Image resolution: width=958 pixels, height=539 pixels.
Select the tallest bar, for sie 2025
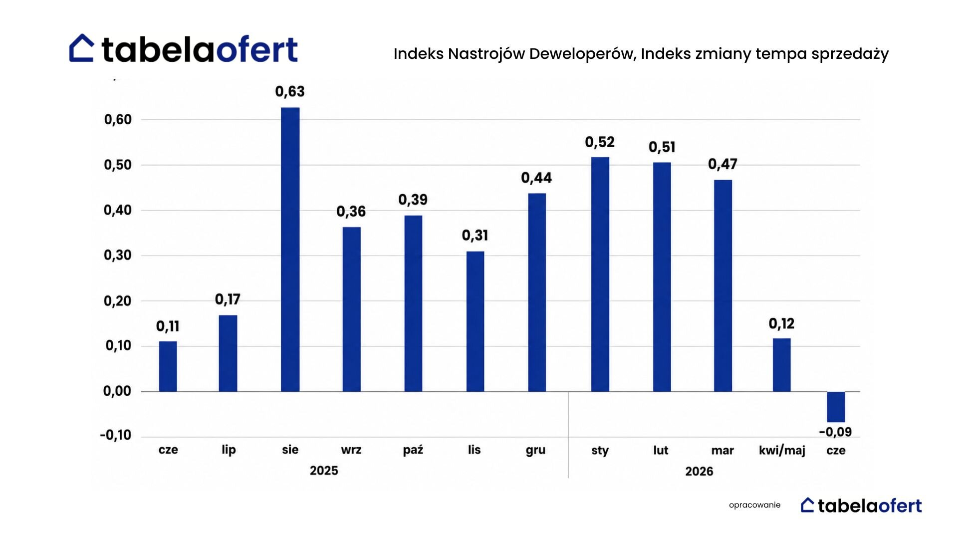(290, 250)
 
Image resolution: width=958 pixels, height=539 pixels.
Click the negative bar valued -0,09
(836, 407)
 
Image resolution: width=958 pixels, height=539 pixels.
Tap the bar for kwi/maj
(782, 365)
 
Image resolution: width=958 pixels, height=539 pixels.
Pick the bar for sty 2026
(600, 274)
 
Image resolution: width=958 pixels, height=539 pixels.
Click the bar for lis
(475, 321)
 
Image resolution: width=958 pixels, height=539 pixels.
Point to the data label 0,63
(290, 92)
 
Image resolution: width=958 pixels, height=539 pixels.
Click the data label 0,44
(536, 178)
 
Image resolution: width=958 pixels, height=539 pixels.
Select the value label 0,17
(228, 299)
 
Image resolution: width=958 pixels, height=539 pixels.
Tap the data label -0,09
(835, 432)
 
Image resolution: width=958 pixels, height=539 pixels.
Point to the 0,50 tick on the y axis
(118, 165)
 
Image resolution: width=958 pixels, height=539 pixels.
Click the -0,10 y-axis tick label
(116, 435)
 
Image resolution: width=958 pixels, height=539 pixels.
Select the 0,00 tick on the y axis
(117, 391)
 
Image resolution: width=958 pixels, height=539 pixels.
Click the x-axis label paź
(413, 450)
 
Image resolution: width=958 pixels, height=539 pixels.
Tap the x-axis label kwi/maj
(782, 451)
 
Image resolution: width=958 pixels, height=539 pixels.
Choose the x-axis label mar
(722, 451)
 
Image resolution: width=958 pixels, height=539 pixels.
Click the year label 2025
(324, 471)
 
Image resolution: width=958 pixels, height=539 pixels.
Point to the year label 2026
(699, 472)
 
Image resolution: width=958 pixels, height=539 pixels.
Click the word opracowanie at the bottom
(754, 505)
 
